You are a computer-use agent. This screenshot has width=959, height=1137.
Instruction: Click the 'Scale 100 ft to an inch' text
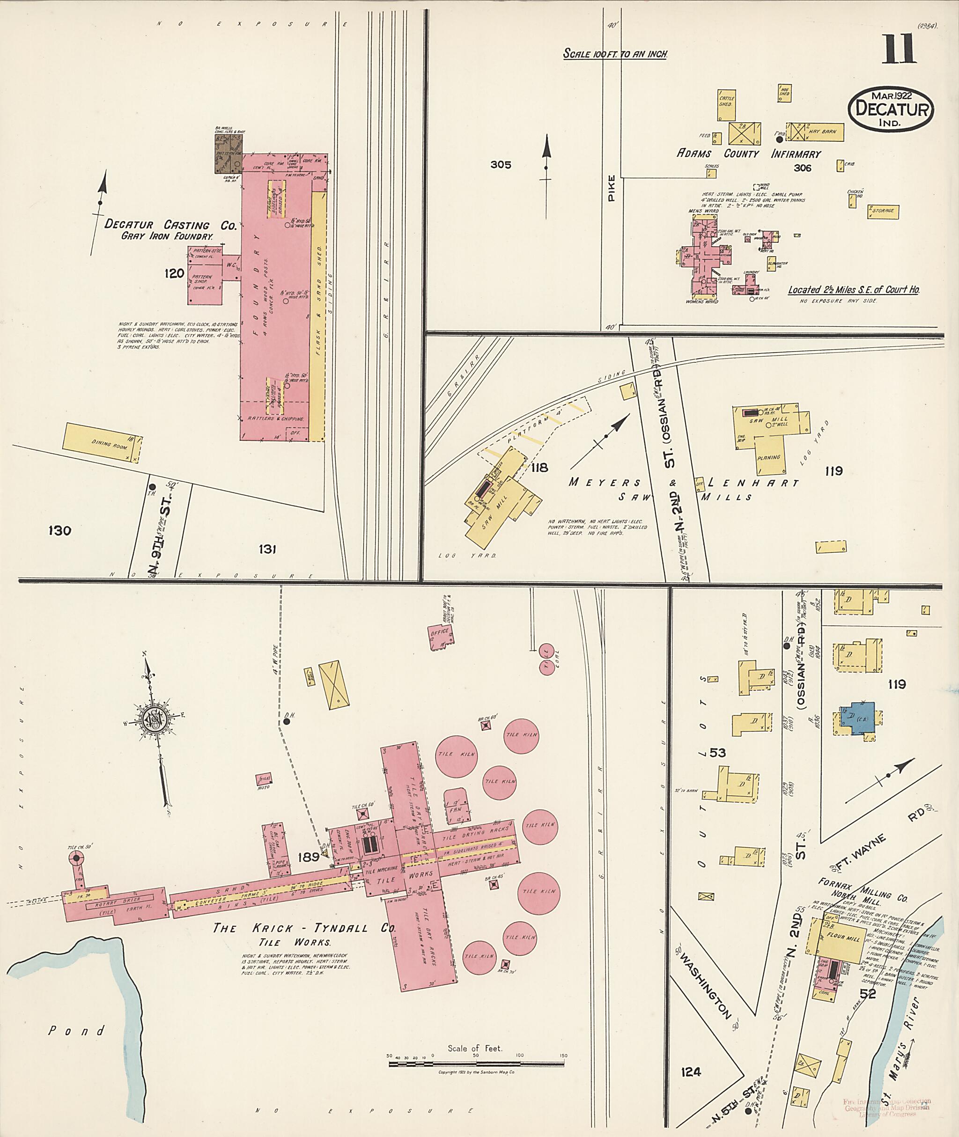coord(615,54)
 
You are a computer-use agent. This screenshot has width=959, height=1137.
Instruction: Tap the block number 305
coord(500,165)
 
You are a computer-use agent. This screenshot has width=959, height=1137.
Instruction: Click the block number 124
coord(690,1072)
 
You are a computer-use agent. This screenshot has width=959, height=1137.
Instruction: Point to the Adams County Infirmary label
coord(749,154)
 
